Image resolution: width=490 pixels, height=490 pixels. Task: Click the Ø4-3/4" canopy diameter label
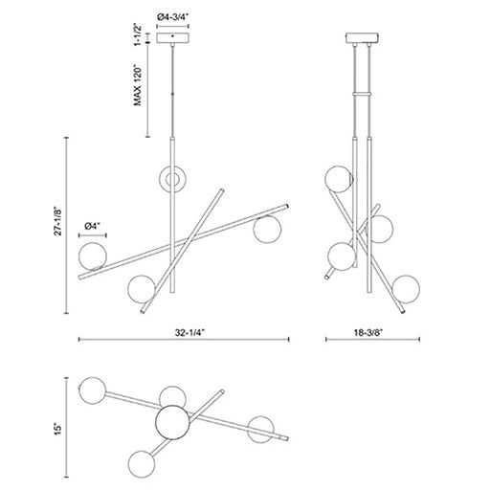pyautogui.click(x=173, y=16)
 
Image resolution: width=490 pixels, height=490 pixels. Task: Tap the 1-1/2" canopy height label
pyautogui.click(x=137, y=34)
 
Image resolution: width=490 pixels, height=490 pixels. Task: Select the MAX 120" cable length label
pyautogui.click(x=137, y=86)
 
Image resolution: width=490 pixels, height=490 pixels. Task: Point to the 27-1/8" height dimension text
pyautogui.click(x=57, y=222)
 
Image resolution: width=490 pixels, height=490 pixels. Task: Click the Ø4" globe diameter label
pyautogui.click(x=93, y=227)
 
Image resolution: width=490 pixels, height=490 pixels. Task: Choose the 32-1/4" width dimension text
pyautogui.click(x=189, y=333)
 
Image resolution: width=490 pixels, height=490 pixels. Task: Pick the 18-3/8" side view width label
pyautogui.click(x=367, y=333)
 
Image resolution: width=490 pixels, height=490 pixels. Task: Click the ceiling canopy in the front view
pyautogui.click(x=172, y=37)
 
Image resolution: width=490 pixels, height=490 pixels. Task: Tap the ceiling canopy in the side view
pyautogui.click(x=363, y=37)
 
